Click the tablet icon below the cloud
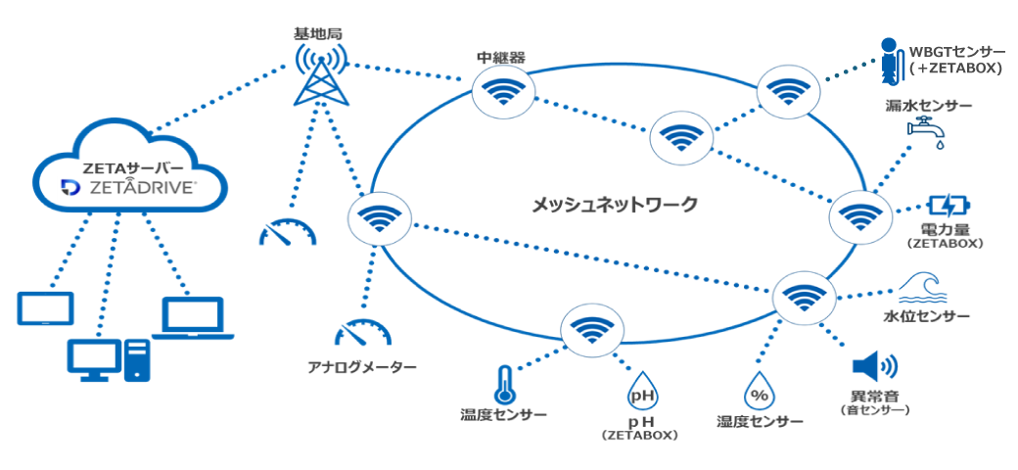[x=45, y=308]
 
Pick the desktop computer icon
[x=109, y=359]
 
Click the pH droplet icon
[x=641, y=393]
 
